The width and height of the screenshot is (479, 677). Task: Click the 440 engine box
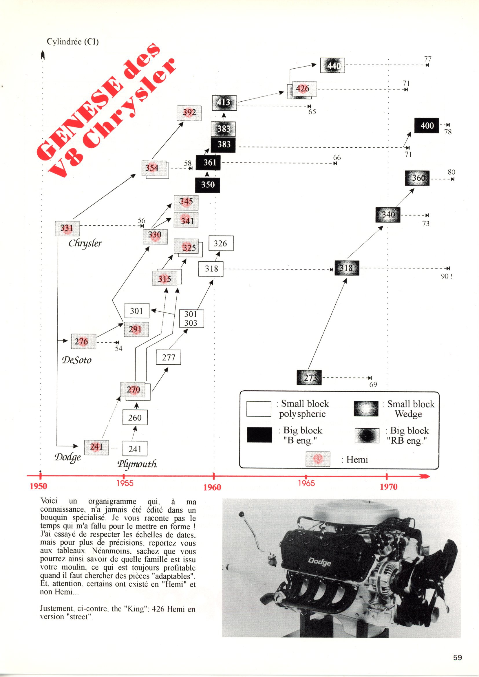pyautogui.click(x=332, y=65)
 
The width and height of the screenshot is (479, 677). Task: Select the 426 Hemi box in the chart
pyautogui.click(x=302, y=89)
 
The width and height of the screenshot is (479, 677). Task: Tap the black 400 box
pyautogui.click(x=427, y=126)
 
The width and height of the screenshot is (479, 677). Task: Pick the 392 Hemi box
pyautogui.click(x=189, y=113)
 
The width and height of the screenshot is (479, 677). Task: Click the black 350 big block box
pyautogui.click(x=208, y=185)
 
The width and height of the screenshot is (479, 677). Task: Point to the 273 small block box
pyautogui.click(x=309, y=377)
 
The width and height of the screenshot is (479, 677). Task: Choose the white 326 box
pyautogui.click(x=221, y=244)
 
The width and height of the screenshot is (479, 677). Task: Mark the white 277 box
pyautogui.click(x=169, y=357)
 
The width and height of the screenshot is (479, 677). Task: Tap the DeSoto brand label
pyautogui.click(x=77, y=360)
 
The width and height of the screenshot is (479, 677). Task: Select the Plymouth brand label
pyautogui.click(x=137, y=464)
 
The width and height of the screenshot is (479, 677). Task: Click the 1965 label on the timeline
pyautogui.click(x=306, y=483)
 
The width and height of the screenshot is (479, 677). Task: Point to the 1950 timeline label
pyautogui.click(x=38, y=486)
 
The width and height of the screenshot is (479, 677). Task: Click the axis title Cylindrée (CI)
pyautogui.click(x=73, y=42)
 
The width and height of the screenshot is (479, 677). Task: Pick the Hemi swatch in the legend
pyautogui.click(x=318, y=459)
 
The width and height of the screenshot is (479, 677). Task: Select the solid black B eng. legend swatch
pyautogui.click(x=259, y=435)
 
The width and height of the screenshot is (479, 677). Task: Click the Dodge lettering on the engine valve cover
pyautogui.click(x=319, y=562)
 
